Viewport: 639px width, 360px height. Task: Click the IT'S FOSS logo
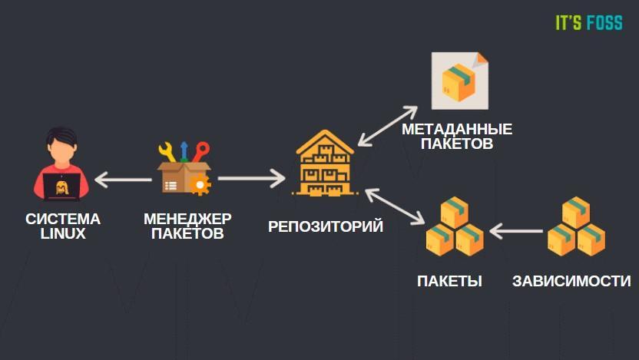tap(589, 22)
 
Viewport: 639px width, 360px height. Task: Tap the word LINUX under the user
tap(63, 234)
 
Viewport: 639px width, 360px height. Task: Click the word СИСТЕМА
tap(63, 219)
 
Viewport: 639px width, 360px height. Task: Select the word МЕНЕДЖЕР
tap(187, 219)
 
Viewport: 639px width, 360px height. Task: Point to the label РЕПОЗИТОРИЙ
tap(325, 226)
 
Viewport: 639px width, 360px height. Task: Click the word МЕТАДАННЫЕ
tap(457, 129)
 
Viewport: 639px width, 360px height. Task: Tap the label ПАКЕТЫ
tap(449, 281)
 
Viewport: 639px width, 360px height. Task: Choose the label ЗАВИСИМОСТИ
tap(571, 281)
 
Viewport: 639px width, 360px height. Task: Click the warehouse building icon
tap(325, 163)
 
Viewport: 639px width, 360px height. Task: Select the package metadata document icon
tap(460, 81)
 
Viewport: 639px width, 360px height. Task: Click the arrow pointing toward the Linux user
tap(123, 180)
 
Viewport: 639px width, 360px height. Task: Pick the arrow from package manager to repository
tap(251, 178)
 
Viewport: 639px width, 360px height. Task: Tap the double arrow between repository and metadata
tap(388, 126)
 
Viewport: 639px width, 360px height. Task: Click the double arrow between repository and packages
tap(395, 206)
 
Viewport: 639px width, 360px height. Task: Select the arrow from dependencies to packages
tap(516, 231)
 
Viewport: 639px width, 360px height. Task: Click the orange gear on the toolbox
tap(200, 184)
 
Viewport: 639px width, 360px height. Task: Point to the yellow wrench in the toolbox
tap(167, 152)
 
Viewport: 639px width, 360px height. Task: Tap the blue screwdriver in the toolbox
tap(184, 151)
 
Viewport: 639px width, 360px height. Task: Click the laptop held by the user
tap(61, 187)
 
